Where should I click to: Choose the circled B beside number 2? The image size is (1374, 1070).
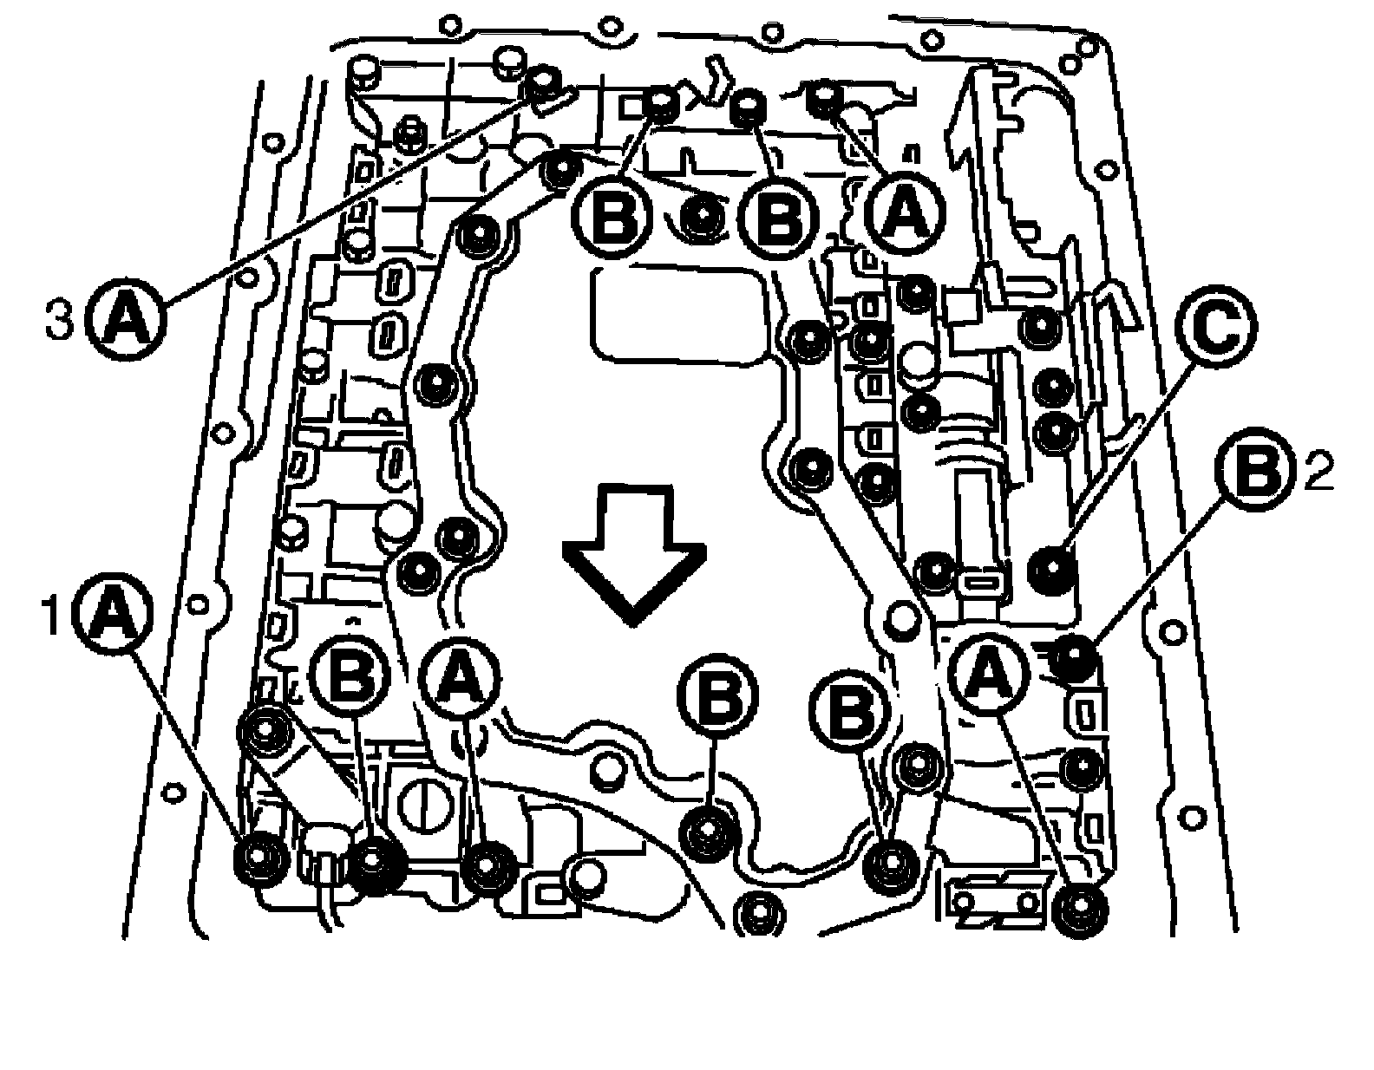1257,469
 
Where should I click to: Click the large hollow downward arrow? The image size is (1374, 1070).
634,556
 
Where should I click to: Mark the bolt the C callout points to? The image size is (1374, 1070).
1051,568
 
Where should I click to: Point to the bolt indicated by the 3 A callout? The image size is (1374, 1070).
544,83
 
